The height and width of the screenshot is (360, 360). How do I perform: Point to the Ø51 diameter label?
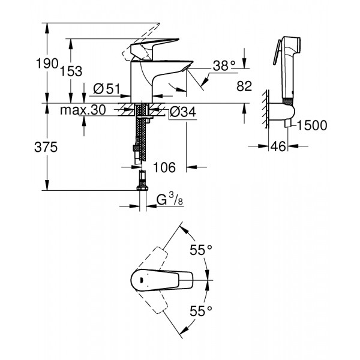click(x=107, y=90)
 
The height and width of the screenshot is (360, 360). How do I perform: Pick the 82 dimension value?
click(x=243, y=88)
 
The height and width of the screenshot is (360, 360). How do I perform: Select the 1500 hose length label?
click(x=311, y=125)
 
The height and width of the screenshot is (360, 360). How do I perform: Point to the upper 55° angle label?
click(x=201, y=251)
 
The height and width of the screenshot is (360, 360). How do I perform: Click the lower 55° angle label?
click(x=201, y=311)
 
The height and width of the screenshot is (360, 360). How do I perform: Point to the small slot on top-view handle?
click(x=140, y=279)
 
